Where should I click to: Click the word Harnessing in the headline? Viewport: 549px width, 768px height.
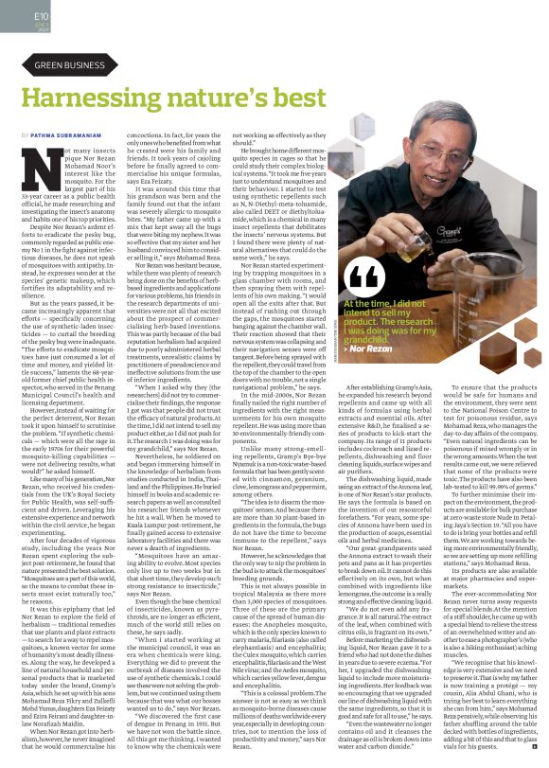point(104,98)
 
